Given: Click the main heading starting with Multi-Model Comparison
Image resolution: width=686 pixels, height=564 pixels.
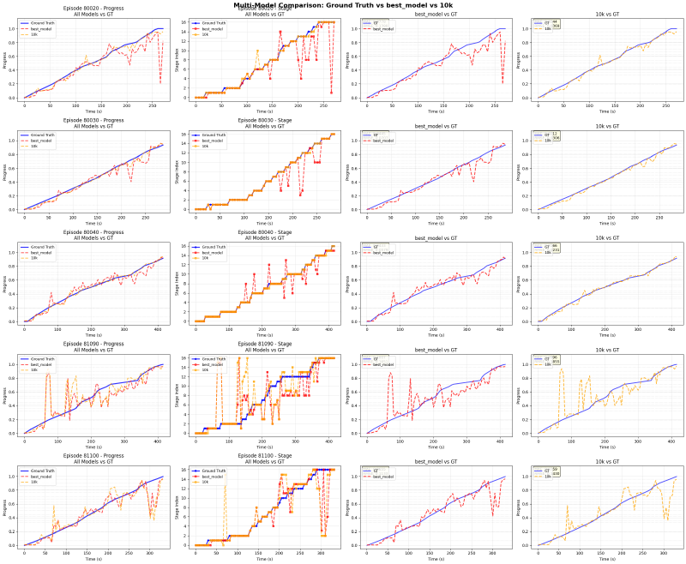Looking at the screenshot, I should (x=343, y=4).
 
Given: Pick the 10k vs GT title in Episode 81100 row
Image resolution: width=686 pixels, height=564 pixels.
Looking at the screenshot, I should (x=607, y=463).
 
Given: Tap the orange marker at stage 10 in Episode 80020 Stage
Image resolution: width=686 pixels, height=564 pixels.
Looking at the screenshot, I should (x=257, y=50).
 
